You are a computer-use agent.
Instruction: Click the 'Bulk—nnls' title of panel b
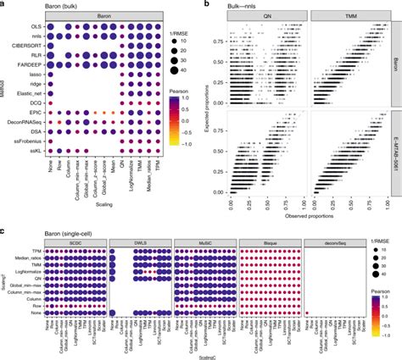[250, 5]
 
